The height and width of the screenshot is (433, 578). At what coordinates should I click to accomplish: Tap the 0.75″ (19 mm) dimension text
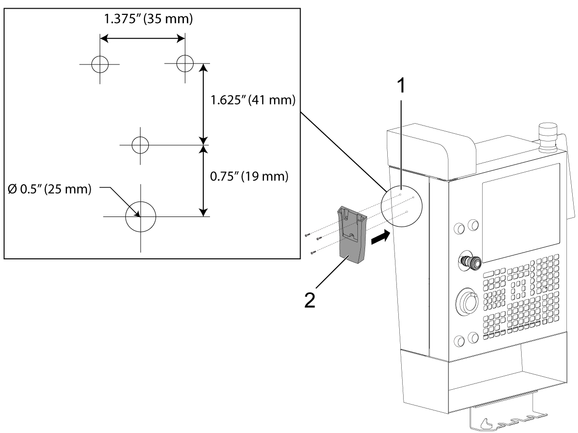coord(250,176)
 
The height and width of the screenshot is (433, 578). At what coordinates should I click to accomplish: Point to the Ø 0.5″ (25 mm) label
coord(49,189)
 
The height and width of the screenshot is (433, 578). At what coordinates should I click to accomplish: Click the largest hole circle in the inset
coord(141,216)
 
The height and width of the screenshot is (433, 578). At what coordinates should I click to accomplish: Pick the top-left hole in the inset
coord(100,64)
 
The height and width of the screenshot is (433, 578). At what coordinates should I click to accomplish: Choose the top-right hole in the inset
coord(185,63)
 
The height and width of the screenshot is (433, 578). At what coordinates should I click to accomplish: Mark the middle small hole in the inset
coord(141,144)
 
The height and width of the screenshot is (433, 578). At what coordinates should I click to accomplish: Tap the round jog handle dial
coord(468,303)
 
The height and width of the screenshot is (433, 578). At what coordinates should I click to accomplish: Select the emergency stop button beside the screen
coord(469,262)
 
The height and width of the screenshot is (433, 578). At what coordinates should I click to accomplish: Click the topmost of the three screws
coord(306,235)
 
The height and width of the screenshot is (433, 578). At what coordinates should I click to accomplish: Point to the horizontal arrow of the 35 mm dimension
coord(142,38)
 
